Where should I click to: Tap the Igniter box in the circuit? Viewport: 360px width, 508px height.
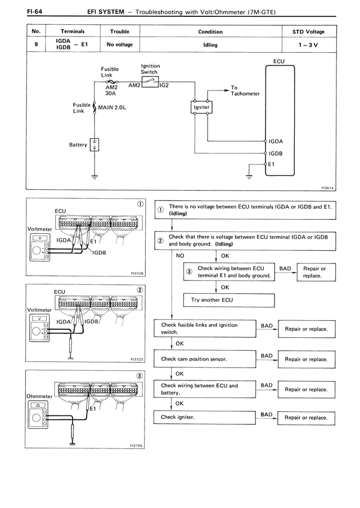[201, 107]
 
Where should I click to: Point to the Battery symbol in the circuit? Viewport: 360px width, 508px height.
[94, 144]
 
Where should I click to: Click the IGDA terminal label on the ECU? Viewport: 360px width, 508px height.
[276, 142]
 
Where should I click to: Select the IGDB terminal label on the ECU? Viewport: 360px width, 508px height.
[276, 153]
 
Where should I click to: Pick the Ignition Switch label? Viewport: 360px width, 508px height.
[150, 69]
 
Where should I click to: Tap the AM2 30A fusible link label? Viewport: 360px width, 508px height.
[110, 90]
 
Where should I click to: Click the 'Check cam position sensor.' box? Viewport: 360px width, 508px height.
[205, 359]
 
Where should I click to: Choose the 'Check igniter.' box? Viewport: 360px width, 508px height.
[205, 418]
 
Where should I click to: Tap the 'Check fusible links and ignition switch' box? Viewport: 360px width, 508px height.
[205, 329]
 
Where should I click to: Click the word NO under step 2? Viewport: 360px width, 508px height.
[180, 255]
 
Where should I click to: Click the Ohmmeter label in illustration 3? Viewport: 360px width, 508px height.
[39, 396]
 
